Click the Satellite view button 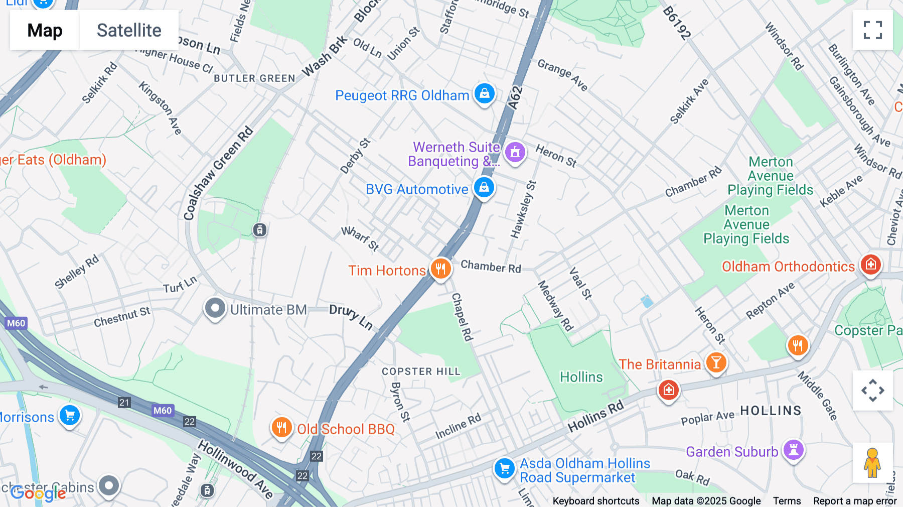click(x=129, y=30)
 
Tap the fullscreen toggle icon click(x=872, y=30)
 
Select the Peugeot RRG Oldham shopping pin click(x=484, y=94)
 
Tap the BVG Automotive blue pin click(x=484, y=188)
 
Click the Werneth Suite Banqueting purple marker click(x=515, y=152)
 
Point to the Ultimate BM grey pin click(x=215, y=308)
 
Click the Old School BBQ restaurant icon click(x=281, y=428)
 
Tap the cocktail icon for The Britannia click(x=716, y=362)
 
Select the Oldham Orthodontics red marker click(x=870, y=265)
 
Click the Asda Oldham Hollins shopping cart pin click(x=504, y=469)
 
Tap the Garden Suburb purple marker click(x=793, y=450)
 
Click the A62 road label click(x=515, y=97)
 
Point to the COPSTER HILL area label click(x=420, y=371)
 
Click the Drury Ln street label click(x=351, y=317)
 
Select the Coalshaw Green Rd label click(x=218, y=174)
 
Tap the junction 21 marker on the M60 click(x=124, y=402)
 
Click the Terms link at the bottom click(x=787, y=500)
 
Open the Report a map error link click(x=854, y=500)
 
